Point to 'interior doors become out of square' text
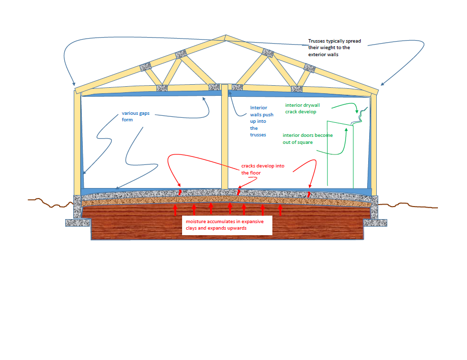click(307, 138)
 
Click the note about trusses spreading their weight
click(334, 48)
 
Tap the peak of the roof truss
click(225, 37)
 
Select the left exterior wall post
click(77, 143)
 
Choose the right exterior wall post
click(374, 143)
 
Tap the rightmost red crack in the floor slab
click(309, 194)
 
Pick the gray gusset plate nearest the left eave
click(145, 67)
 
